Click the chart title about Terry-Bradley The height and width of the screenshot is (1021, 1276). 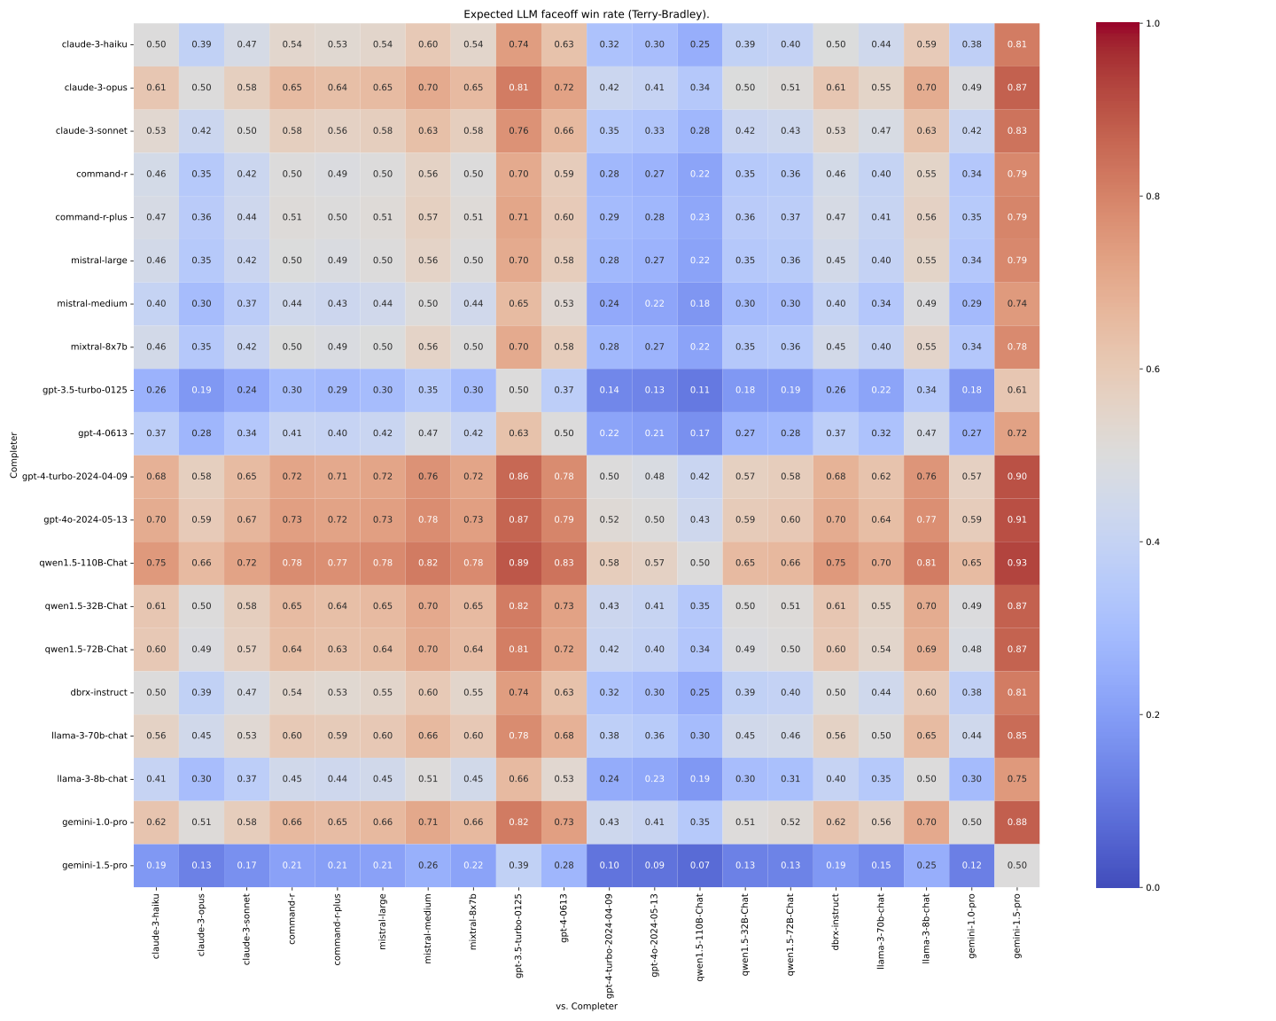click(x=587, y=14)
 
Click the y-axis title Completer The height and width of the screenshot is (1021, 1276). click(x=14, y=455)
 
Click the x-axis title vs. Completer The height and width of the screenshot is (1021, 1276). click(x=587, y=1006)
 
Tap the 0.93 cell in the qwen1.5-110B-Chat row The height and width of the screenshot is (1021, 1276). click(x=1017, y=563)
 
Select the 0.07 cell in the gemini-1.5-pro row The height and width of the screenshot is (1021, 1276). click(x=700, y=865)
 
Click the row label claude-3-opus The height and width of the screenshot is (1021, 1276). click(x=97, y=87)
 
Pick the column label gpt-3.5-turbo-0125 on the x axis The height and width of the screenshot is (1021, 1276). click(x=518, y=939)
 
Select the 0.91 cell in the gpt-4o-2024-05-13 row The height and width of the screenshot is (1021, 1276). click(x=1017, y=519)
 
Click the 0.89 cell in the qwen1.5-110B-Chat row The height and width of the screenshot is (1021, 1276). click(x=518, y=563)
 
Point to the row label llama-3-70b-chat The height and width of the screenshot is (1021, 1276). click(x=91, y=736)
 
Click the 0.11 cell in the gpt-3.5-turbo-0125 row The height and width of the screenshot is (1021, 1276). click(x=700, y=390)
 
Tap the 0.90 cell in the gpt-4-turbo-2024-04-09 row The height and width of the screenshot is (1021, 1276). click(x=1017, y=476)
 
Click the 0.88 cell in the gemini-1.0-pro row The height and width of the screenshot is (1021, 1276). click(x=1017, y=822)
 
